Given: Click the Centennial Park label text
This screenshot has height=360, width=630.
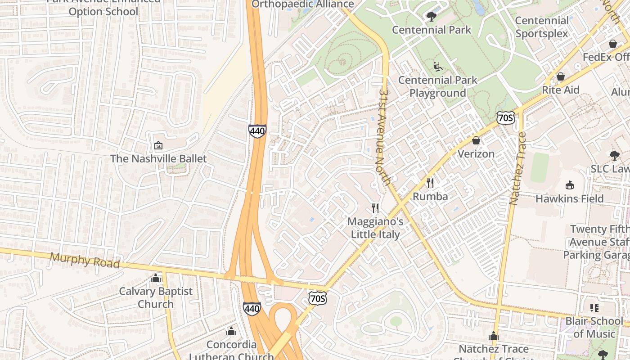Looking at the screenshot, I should [x=431, y=30].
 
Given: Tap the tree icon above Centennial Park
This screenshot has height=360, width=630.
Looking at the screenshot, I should [x=431, y=17].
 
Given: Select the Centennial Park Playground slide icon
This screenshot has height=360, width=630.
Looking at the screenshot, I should [x=437, y=67].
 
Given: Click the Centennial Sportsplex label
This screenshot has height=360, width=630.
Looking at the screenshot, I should [x=542, y=27].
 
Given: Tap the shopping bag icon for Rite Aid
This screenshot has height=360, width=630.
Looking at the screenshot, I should [x=560, y=76].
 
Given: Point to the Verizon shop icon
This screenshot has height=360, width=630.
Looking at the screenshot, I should [x=476, y=140].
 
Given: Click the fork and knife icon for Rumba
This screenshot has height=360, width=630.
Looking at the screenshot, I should [x=430, y=183].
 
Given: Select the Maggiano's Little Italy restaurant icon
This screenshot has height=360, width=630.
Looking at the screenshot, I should [x=375, y=208].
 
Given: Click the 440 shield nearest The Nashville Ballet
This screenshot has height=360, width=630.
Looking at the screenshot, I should [x=257, y=131].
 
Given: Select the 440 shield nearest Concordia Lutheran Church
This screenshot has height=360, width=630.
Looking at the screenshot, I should [x=252, y=308].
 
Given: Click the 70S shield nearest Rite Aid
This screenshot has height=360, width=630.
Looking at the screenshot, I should [x=506, y=118].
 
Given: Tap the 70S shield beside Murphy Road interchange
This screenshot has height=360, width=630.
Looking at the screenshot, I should [x=317, y=298].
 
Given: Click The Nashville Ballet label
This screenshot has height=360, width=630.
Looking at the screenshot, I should [x=158, y=159].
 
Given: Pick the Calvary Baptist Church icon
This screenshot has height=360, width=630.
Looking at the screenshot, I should [x=156, y=278].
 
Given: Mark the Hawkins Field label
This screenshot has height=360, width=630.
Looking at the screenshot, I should [x=569, y=198].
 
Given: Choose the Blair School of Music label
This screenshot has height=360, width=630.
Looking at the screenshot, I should [x=594, y=327].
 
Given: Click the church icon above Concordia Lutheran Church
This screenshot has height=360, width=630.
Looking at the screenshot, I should [x=231, y=331].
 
